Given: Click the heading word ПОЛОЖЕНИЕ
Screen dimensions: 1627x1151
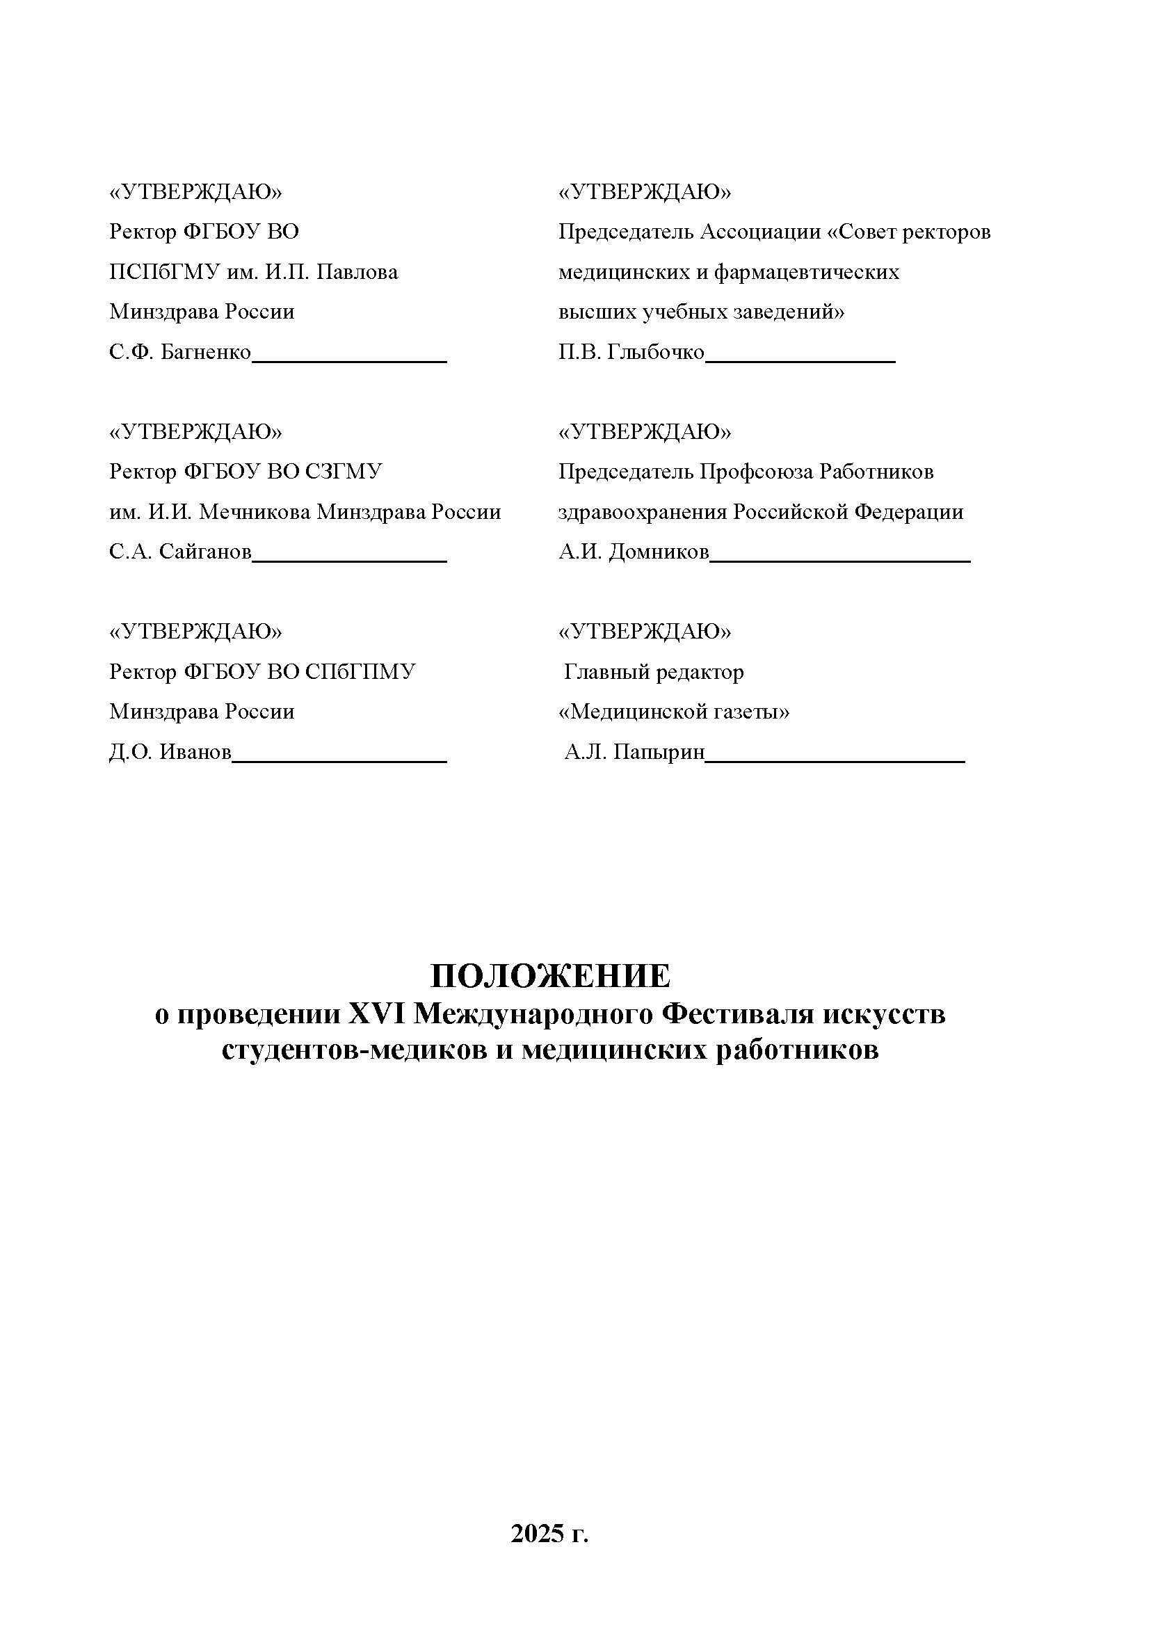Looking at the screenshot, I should (550, 976).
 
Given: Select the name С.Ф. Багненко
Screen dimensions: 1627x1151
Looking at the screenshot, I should (180, 353).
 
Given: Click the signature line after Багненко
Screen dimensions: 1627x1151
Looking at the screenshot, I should (349, 361).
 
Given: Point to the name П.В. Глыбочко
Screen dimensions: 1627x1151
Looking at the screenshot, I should (631, 353).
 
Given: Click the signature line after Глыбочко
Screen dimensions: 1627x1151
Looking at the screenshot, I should (801, 361).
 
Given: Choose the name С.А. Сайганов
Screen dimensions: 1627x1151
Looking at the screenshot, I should (180, 552).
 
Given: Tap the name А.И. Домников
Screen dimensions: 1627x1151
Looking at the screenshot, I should (633, 552).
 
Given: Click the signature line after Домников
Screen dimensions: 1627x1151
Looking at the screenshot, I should (840, 561).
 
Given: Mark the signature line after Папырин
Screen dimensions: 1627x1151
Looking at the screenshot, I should (835, 761).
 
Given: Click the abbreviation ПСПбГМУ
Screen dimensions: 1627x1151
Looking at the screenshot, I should (164, 272).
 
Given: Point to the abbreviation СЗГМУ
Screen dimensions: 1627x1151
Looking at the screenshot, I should (344, 472).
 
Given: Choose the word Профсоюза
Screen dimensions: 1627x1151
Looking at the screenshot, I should (756, 472).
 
